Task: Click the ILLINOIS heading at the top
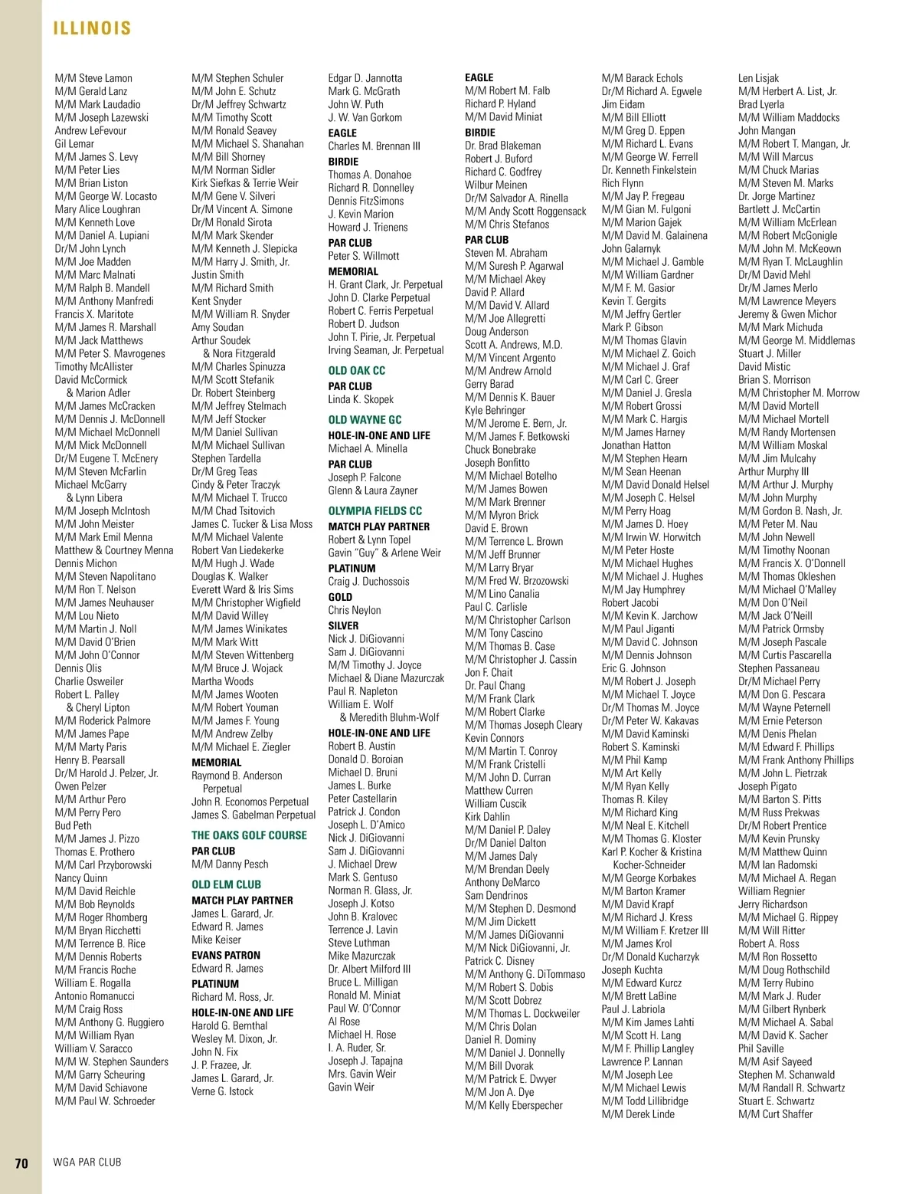92,29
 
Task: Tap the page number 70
21,1163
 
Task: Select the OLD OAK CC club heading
356,371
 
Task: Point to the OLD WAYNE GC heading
365,420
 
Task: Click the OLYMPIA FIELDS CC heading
374,511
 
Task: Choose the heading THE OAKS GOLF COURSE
249,835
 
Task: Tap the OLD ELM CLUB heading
226,884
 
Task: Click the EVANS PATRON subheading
226,956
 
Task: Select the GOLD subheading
340,597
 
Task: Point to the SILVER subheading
343,625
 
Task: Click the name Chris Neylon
355,611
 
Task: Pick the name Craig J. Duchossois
368,582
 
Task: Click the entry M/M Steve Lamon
93,78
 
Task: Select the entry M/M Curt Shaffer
775,1114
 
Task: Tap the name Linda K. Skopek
361,399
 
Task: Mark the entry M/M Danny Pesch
230,864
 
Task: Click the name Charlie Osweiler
89,681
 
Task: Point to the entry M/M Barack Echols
642,78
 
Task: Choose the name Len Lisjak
758,78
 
